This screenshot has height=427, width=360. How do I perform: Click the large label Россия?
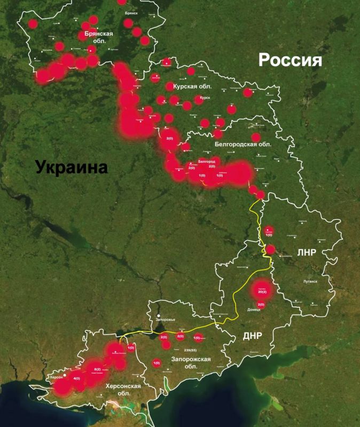pyautogui.click(x=290, y=60)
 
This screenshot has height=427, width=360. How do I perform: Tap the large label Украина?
pyautogui.click(x=72, y=167)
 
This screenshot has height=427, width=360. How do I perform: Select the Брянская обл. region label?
pyautogui.click(x=99, y=37)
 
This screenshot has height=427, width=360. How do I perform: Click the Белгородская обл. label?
pyautogui.click(x=242, y=144)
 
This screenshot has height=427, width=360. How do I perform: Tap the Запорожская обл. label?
pyautogui.click(x=191, y=362)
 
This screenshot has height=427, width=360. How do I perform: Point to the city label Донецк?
pyautogui.click(x=254, y=309)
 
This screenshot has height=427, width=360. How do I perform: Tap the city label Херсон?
pyautogui.click(x=57, y=377)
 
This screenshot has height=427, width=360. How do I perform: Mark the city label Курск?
pyautogui.click(x=205, y=98)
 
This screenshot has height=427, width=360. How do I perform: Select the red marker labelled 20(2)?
pyautogui.click(x=262, y=292)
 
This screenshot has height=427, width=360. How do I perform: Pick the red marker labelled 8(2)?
pyautogui.click(x=97, y=369)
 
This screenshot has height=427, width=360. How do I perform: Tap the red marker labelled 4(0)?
pyautogui.click(x=76, y=378)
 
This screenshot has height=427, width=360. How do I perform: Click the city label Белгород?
pyautogui.click(x=206, y=161)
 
